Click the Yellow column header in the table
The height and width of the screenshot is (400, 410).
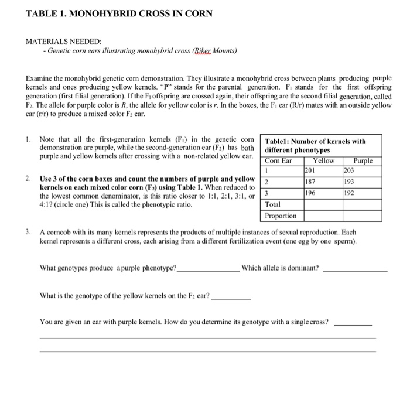tap(323, 160)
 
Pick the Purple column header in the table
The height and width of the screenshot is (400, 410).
tap(365, 160)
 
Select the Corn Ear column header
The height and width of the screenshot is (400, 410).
tap(279, 160)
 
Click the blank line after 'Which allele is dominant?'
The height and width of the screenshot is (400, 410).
tap(355, 269)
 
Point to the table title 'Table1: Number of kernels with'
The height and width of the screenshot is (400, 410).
tap(315, 141)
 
